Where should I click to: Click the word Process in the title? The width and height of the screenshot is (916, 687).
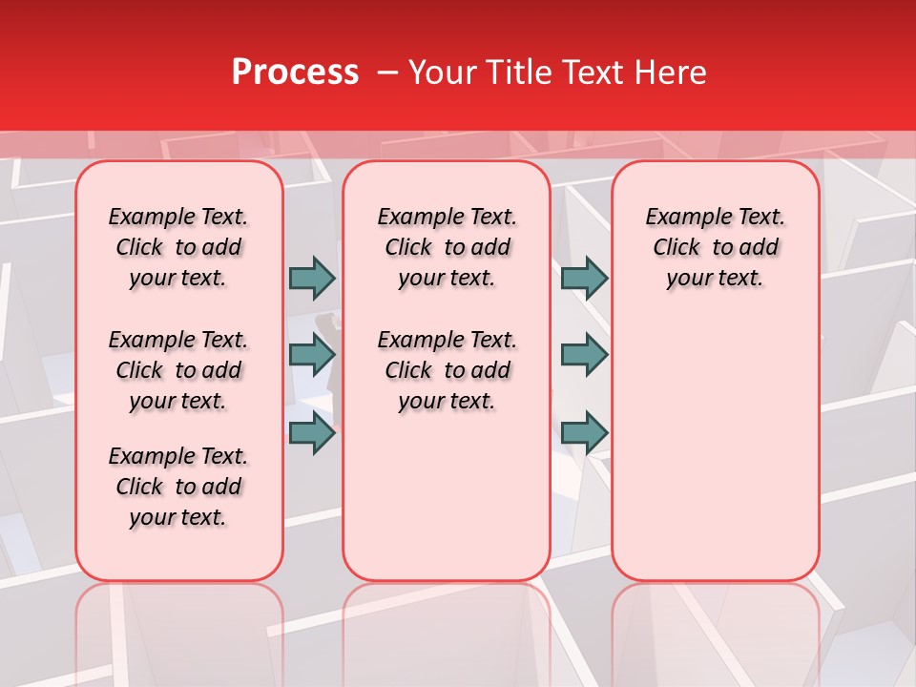click(x=295, y=73)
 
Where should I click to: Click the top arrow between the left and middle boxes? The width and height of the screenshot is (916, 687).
click(x=312, y=278)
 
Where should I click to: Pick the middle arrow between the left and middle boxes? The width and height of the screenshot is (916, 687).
click(x=312, y=355)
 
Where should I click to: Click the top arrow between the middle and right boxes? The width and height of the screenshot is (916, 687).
click(x=584, y=278)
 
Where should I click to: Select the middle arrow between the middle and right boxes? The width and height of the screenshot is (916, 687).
click(x=584, y=355)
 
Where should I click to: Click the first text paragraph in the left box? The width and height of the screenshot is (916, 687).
click(x=178, y=247)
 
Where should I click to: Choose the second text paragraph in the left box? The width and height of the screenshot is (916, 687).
click(x=178, y=370)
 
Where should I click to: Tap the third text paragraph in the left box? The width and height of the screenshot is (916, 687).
click(x=178, y=487)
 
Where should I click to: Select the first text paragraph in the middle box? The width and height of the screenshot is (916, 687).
click(x=447, y=247)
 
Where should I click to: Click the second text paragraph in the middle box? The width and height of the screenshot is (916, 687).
click(x=447, y=370)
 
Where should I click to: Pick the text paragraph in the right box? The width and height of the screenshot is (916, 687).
click(x=715, y=247)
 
